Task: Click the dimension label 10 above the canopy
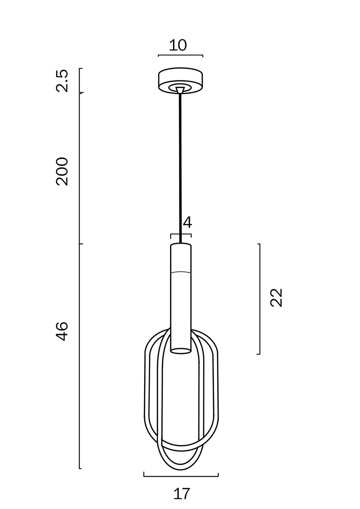(178, 45)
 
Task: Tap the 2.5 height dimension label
(62, 81)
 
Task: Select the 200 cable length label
(62, 172)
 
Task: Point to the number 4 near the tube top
(188, 223)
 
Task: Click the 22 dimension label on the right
(276, 297)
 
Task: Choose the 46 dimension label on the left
(62, 331)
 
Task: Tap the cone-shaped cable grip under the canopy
(180, 90)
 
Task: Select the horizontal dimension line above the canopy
(180, 55)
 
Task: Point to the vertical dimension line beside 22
(259, 299)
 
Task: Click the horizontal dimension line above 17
(181, 476)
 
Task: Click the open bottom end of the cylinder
(181, 350)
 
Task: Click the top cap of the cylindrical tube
(181, 245)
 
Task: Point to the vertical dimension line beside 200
(80, 169)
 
